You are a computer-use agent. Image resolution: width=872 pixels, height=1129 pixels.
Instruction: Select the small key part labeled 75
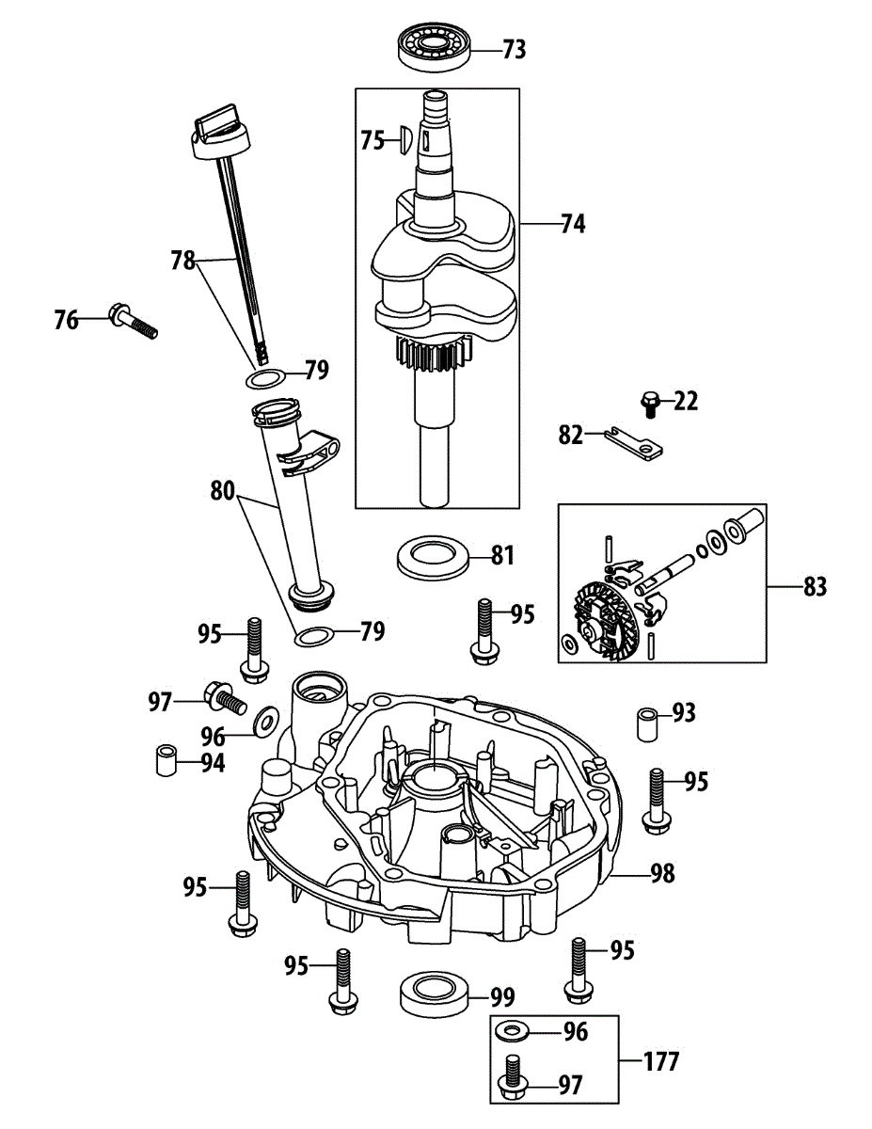(403, 140)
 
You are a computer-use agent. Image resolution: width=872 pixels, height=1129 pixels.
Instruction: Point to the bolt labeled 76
(132, 320)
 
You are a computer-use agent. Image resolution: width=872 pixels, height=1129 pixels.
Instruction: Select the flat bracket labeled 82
(636, 441)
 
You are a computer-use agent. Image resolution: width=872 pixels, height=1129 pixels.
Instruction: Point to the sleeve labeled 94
(166, 760)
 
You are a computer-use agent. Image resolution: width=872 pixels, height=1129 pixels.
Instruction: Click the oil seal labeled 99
(432, 996)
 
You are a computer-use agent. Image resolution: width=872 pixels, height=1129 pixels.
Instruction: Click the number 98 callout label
(662, 873)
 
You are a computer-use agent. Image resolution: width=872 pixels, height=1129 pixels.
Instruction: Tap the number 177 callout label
(660, 1062)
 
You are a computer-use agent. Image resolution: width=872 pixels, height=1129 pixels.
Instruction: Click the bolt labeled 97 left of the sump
(222, 699)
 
